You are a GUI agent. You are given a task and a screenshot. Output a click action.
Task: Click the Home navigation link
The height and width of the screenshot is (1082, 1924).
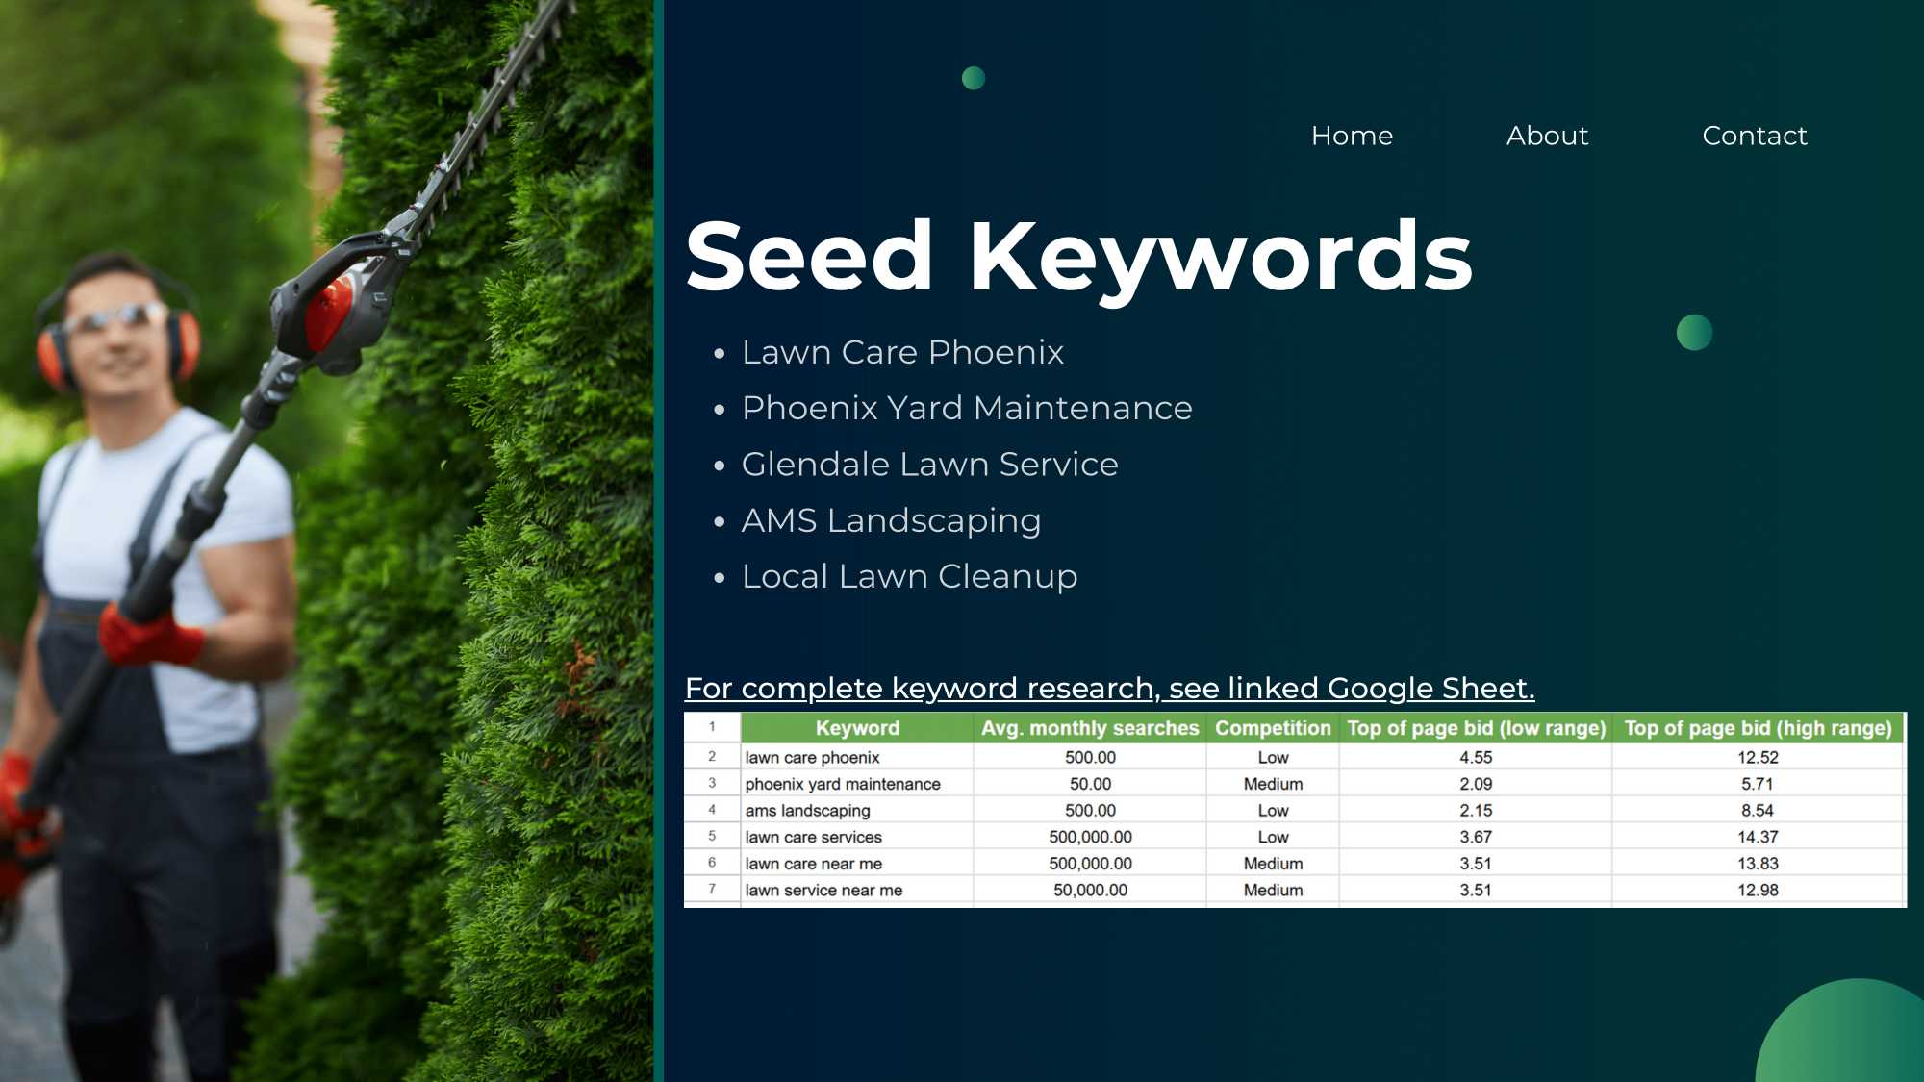tap(1352, 136)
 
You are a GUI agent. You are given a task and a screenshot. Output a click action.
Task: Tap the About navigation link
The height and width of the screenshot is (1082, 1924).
tap(1547, 136)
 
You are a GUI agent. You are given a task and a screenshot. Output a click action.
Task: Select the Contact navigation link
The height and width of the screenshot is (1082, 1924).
tap(1755, 136)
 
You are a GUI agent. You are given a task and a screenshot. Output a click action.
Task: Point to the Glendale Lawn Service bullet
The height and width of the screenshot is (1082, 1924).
tap(929, 465)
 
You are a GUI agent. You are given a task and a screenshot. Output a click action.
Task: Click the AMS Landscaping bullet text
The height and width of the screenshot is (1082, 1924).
tap(891, 520)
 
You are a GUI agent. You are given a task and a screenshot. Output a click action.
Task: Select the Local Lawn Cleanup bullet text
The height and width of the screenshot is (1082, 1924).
tap(909, 576)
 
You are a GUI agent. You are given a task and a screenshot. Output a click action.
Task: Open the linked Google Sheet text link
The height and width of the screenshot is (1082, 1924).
tap(1109, 689)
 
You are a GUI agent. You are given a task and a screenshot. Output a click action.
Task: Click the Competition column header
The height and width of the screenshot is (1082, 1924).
tap(1273, 728)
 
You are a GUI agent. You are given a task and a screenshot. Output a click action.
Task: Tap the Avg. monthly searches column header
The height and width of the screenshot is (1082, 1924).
tap(1090, 728)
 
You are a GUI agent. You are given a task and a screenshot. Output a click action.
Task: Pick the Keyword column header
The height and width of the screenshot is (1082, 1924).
tap(857, 728)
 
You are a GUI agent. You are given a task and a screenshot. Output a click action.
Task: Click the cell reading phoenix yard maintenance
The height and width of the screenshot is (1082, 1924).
tap(843, 784)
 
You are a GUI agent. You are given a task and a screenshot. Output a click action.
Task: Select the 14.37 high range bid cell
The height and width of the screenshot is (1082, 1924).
tap(1758, 837)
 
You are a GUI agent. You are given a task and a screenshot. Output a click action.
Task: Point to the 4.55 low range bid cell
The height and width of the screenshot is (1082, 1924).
tap(1476, 757)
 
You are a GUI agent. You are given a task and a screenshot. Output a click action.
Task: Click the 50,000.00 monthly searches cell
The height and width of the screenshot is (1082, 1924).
tap(1090, 890)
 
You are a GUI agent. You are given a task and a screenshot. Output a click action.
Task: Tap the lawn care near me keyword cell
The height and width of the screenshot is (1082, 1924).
tap(813, 864)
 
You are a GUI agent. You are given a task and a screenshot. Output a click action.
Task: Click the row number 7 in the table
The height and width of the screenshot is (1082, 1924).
tap(712, 889)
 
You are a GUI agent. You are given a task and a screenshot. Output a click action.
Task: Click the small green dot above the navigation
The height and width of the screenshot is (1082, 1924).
tap(974, 78)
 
